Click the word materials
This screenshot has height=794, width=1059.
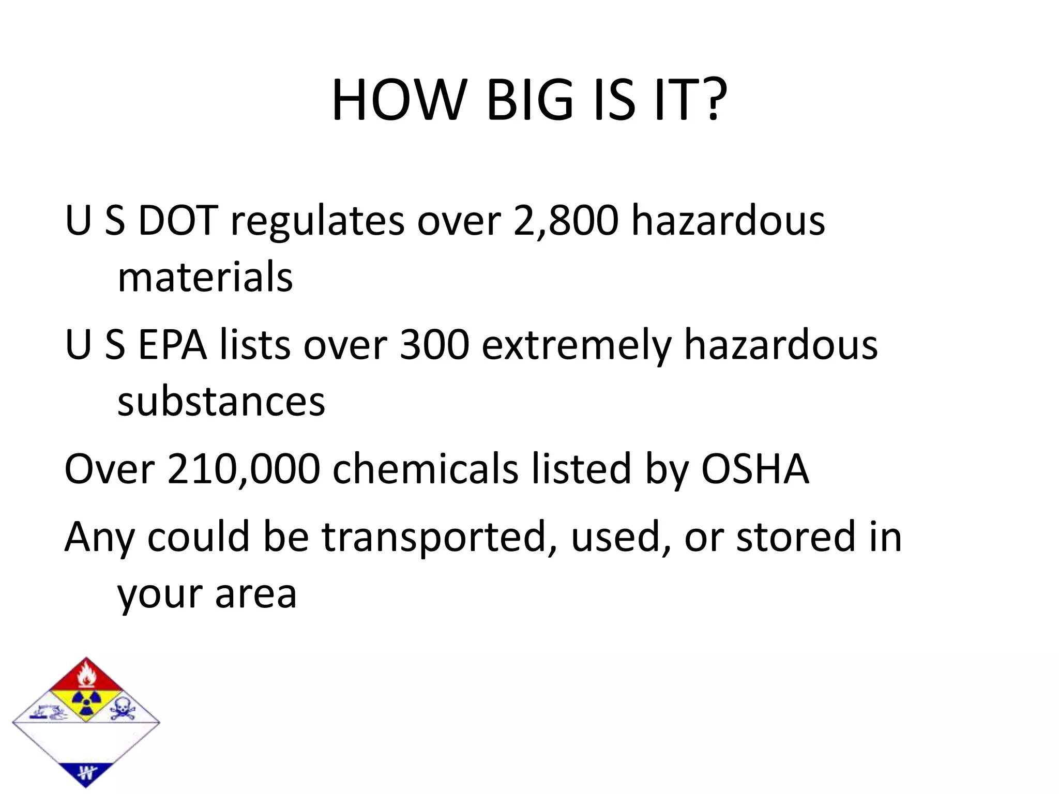pos(205,277)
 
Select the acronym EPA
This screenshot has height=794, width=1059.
pos(172,345)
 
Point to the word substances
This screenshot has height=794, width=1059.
pos(221,401)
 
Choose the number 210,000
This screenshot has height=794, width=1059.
pos(244,469)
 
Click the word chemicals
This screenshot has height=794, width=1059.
pos(425,468)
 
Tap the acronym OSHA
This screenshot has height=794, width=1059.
pos(754,468)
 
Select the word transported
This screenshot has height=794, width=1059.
pos(434,538)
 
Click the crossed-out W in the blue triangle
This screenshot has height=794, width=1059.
pos(86,773)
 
